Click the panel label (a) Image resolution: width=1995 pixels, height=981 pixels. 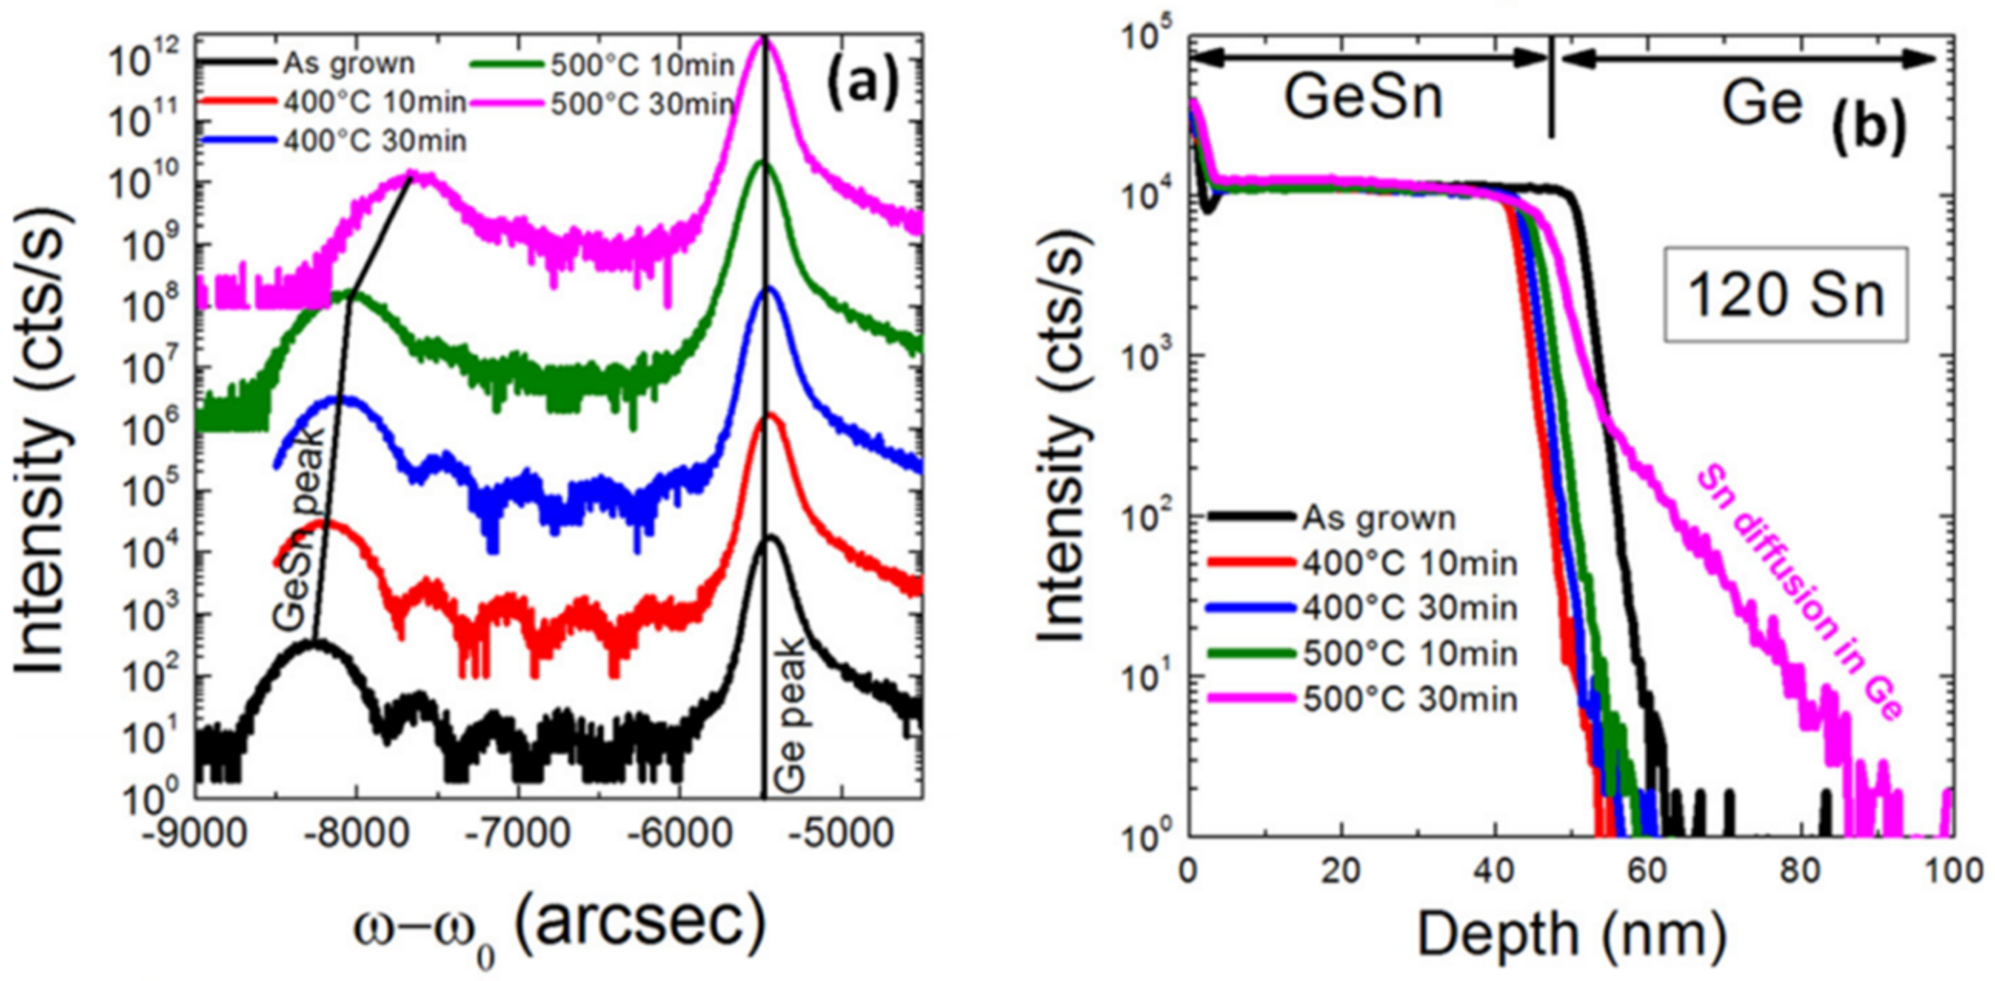point(862,88)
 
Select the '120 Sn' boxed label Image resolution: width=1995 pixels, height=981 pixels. point(1785,295)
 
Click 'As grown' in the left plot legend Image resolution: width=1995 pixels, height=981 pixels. point(349,64)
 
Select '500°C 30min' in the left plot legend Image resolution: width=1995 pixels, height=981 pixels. point(642,104)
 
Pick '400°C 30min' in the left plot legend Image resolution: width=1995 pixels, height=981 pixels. point(375,141)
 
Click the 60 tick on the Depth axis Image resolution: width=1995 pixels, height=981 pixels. point(1646,870)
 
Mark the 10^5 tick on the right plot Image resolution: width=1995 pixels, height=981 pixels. point(1145,35)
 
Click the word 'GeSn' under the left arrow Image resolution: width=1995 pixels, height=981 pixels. point(1364,99)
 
